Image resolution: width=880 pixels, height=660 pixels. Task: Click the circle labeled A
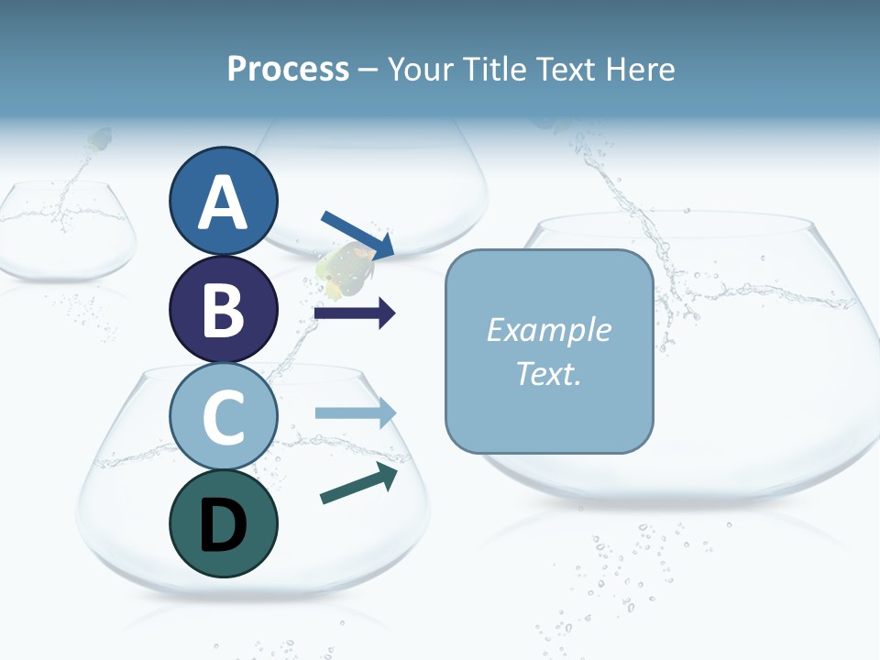(223, 201)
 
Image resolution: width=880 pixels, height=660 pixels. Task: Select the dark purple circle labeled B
(223, 309)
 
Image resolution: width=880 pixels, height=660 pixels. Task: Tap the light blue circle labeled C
(223, 416)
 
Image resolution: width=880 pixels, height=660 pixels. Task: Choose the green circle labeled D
(223, 523)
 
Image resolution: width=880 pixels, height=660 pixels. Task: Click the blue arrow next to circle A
(358, 235)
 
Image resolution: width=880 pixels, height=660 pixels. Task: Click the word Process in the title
(288, 69)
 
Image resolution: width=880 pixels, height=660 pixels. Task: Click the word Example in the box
(548, 330)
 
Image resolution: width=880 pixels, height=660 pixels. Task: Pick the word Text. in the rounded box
(548, 373)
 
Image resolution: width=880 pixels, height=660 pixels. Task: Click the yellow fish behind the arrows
(341, 271)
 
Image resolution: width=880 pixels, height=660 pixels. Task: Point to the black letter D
(223, 525)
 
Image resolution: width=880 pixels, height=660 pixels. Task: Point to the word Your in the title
(421, 69)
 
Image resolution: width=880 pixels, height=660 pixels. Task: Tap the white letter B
(223, 310)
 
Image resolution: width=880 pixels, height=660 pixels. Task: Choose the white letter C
(223, 417)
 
